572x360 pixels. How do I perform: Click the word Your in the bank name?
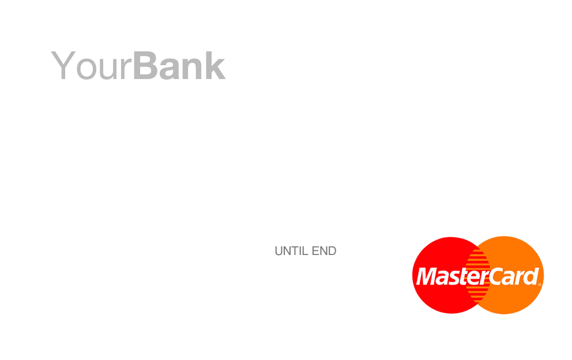coord(91,66)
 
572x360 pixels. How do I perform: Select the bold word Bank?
coord(179,65)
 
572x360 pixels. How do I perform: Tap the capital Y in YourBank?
coord(63,65)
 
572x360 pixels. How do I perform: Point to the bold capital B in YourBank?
coord(145,65)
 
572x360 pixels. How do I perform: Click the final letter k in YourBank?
coord(215,65)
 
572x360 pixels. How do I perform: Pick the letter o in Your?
coord(86,69)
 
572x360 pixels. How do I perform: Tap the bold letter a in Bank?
coord(169,69)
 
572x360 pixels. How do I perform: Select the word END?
coord(324,251)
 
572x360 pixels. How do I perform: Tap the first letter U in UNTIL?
coord(279,251)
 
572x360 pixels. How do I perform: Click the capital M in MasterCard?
coord(426,276)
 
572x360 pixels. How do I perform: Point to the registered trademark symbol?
coord(540,285)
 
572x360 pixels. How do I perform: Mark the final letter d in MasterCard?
coord(531,276)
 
